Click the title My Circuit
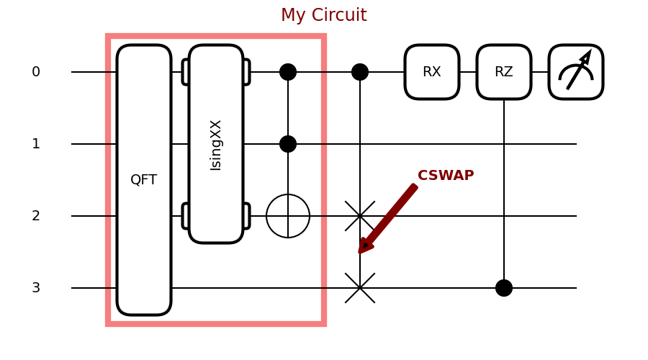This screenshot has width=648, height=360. [x=323, y=15]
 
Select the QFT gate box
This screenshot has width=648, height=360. [x=144, y=180]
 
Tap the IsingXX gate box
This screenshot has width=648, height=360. [x=216, y=144]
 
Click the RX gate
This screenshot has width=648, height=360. [x=432, y=72]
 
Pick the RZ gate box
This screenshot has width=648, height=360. [x=504, y=72]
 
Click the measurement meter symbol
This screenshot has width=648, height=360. [x=576, y=72]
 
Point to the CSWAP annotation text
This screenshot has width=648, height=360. [x=446, y=176]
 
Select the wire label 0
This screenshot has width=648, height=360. [x=36, y=72]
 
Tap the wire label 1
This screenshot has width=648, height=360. [x=36, y=144]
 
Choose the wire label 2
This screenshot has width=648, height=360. [x=36, y=216]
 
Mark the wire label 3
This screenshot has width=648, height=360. [x=36, y=288]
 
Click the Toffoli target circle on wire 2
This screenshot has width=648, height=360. [x=288, y=216]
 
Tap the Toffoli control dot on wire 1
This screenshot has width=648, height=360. [x=288, y=144]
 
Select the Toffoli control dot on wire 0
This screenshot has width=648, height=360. [x=288, y=72]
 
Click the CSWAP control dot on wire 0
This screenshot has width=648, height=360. [x=360, y=72]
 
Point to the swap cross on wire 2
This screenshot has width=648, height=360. [x=360, y=216]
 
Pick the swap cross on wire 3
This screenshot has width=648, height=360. [x=360, y=288]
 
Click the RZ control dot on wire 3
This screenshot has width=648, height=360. [x=504, y=288]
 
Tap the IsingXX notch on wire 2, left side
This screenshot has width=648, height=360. [x=185, y=216]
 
